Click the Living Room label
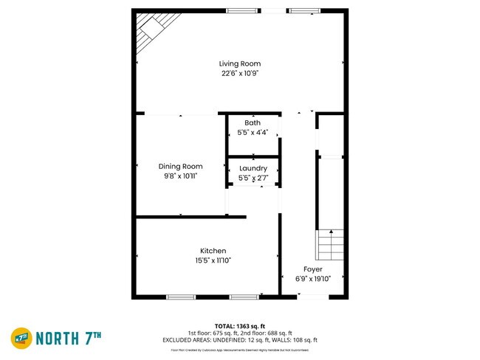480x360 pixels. point(240,63)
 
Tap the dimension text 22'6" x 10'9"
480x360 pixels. point(240,74)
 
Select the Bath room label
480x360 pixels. point(253,122)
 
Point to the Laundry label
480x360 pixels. point(253,169)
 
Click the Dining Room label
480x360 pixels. point(180,167)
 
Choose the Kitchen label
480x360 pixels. point(213,251)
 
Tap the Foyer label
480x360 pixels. point(312,269)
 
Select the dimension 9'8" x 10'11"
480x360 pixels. point(180,176)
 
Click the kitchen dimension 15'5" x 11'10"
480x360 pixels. point(213,260)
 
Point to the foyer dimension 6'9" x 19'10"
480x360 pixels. point(312,279)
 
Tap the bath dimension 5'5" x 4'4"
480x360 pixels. point(253,133)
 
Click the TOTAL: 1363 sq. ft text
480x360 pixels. point(240,325)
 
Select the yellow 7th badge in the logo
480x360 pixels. point(20,338)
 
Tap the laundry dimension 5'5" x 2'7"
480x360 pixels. point(253,179)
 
